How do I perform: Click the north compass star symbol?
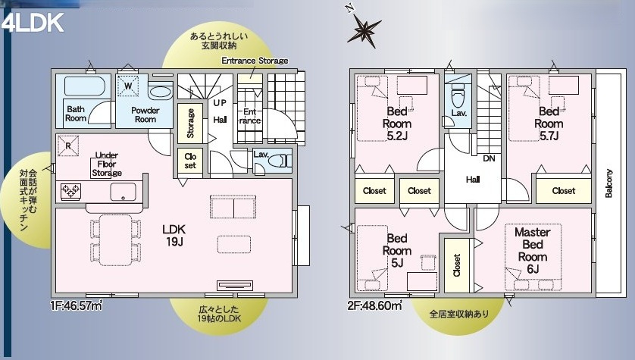coord(364,30)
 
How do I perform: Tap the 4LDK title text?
coord(33,23)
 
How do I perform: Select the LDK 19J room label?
coord(174,235)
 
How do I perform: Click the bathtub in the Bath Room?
coord(85,86)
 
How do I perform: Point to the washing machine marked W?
coord(128,86)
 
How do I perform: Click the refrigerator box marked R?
coord(68,146)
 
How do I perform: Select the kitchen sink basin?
coord(123,192)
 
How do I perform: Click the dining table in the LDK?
coord(115,239)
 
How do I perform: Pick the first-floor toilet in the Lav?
coord(280,161)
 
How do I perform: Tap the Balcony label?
coord(608,183)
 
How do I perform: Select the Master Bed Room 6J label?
coord(533,251)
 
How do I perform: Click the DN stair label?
coord(490,158)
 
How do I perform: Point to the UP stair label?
coord(220,103)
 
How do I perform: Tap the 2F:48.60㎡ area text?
coord(374,305)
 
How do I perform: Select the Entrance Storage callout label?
coord(255,61)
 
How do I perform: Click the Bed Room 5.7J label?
coord(549,124)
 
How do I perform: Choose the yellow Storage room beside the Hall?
coord(190,123)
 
